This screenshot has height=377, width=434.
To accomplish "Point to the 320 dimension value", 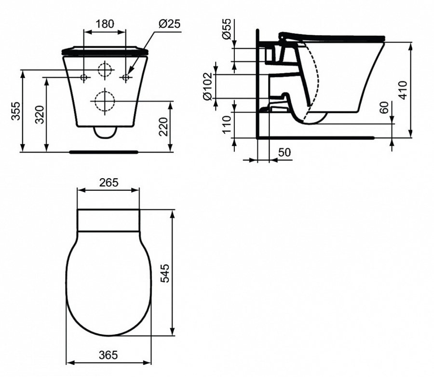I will pyautogui.click(x=41, y=114).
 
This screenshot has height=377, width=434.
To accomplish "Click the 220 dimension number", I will pyautogui.click(x=164, y=126).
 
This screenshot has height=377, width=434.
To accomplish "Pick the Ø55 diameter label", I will pyautogui.click(x=226, y=30).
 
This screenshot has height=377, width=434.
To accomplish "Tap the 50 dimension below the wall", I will pyautogui.click(x=285, y=153).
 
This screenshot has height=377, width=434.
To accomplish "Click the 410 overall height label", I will pyautogui.click(x=403, y=90).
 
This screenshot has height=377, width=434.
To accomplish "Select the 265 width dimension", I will pyautogui.click(x=109, y=182).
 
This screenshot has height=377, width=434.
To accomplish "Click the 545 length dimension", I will pyautogui.click(x=165, y=273).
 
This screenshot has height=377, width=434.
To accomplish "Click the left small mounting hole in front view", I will pyautogui.click(x=84, y=77).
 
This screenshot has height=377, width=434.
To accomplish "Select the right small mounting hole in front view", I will pyautogui.click(x=126, y=77).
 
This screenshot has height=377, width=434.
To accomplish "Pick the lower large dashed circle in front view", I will pyautogui.click(x=105, y=101).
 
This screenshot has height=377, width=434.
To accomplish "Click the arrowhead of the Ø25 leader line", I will pyautogui.click(x=130, y=74).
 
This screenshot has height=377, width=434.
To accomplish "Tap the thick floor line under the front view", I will pyautogui.click(x=104, y=152).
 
